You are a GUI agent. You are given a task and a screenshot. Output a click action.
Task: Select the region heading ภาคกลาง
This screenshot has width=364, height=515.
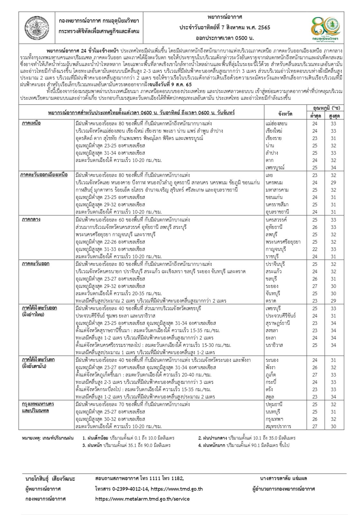[x=31, y=220]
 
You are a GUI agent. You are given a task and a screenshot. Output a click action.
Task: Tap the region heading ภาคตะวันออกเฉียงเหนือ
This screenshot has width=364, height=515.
[x=44, y=175]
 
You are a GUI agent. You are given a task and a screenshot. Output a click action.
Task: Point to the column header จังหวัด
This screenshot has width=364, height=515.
[x=285, y=114]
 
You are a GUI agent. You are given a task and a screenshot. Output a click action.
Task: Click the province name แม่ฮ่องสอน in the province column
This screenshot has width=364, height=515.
[x=276, y=124]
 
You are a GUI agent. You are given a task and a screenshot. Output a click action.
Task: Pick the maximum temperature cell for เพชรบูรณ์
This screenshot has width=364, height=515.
[x=333, y=168]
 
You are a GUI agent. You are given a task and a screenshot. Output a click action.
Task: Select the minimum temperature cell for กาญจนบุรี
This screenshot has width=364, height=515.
[x=314, y=249]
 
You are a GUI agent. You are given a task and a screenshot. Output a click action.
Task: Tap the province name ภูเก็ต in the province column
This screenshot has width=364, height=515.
[x=271, y=375]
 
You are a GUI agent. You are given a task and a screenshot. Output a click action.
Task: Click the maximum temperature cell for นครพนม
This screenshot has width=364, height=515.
[x=333, y=183]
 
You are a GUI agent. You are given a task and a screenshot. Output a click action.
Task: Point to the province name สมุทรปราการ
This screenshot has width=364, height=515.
[x=278, y=426]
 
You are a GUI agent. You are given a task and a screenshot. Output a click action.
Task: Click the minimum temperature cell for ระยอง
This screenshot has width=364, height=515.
[x=314, y=286]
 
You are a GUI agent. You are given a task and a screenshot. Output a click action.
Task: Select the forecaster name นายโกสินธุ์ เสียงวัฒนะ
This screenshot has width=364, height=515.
[x=50, y=479]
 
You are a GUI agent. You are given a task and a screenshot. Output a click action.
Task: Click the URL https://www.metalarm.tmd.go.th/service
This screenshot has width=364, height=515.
[x=143, y=499]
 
